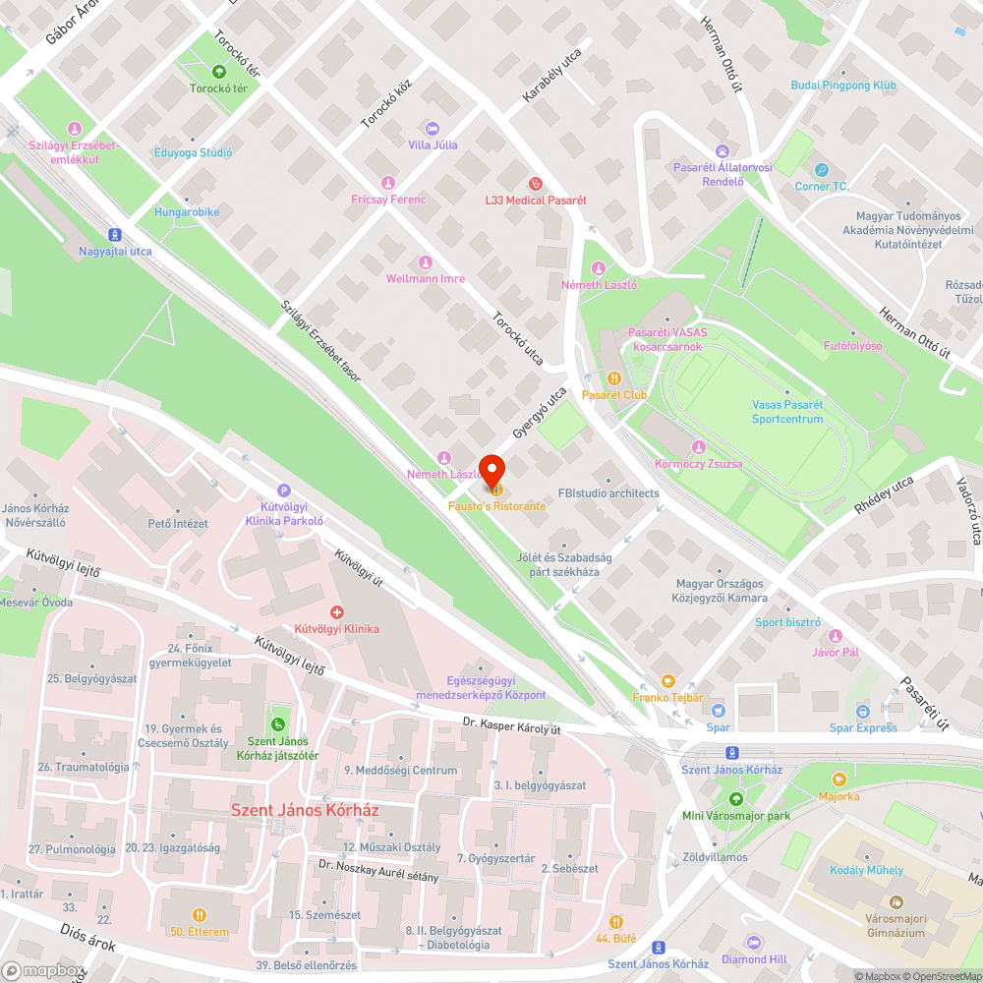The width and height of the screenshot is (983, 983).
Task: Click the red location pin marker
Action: pyautogui.click(x=491, y=469)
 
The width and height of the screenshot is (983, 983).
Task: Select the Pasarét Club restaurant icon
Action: pyautogui.click(x=614, y=377)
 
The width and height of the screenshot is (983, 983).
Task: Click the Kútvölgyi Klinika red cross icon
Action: pyautogui.click(x=337, y=611)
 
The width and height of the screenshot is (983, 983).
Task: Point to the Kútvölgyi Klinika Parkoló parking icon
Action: pyautogui.click(x=285, y=491)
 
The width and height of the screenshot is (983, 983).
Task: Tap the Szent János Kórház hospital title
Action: pyautogui.click(x=304, y=811)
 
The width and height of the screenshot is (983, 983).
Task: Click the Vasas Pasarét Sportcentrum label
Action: pyautogui.click(x=786, y=412)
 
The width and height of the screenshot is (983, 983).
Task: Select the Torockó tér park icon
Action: pyautogui.click(x=218, y=71)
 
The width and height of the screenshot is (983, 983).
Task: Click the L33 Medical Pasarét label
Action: pyautogui.click(x=535, y=200)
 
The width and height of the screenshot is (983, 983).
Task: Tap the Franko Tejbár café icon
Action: pyautogui.click(x=668, y=680)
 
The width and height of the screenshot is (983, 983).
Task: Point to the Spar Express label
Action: pyautogui.click(x=863, y=727)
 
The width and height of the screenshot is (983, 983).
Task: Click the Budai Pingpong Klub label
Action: pyautogui.click(x=843, y=86)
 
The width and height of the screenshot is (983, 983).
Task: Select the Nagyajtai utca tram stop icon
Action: pyautogui.click(x=115, y=234)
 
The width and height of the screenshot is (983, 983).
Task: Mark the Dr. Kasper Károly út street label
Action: pyautogui.click(x=512, y=728)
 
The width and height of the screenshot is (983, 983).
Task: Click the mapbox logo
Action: pyautogui.click(x=43, y=971)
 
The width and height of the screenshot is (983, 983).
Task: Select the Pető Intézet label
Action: pyautogui.click(x=178, y=523)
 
